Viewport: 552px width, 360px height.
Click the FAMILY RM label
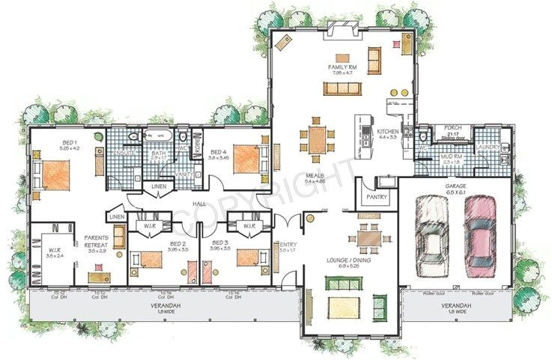pyautogui.click(x=339, y=67)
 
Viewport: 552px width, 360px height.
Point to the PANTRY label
pyautogui.click(x=374, y=198)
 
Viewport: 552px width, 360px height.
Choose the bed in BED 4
pyautogui.click(x=248, y=159)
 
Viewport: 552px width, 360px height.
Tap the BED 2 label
pyautogui.click(x=178, y=244)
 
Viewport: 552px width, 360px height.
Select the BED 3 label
pyautogui.click(x=219, y=244)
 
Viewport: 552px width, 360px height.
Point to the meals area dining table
pyautogui.click(x=317, y=139)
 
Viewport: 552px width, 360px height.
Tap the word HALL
pyautogui.click(x=199, y=204)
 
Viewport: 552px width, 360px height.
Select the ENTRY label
pyautogui.click(x=288, y=244)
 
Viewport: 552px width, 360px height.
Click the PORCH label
pyautogui.click(x=452, y=128)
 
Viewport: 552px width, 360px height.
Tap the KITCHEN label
pyautogui.click(x=387, y=132)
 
